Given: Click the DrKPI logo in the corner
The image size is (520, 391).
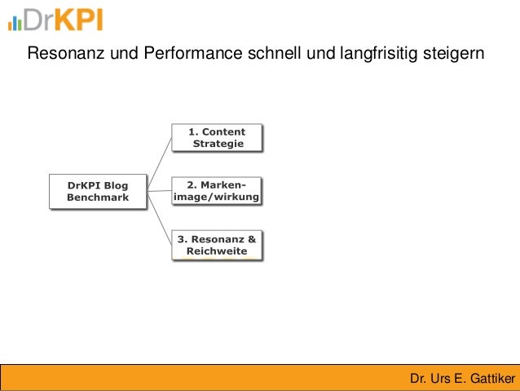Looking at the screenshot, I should click(55, 20).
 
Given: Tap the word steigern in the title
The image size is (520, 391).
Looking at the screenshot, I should click(456, 55).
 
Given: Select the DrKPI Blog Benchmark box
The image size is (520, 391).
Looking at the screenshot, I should click(98, 191).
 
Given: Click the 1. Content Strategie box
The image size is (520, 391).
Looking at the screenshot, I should click(217, 137).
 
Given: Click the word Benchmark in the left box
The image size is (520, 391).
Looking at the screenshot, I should click(98, 198).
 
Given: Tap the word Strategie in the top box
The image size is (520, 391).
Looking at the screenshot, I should click(218, 144).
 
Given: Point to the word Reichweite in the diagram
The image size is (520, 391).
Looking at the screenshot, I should click(217, 251).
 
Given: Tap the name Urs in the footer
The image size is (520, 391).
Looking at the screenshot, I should click(440, 379).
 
